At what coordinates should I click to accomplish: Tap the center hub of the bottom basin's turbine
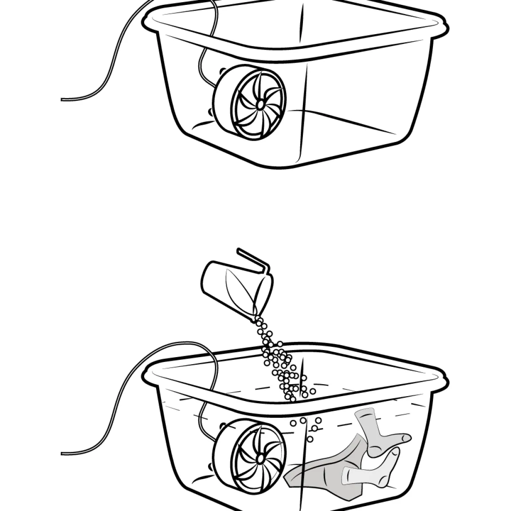point(259,455)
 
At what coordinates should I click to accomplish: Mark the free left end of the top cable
point(62,99)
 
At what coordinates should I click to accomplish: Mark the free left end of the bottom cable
point(62,452)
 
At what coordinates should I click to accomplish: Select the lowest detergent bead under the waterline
point(310,439)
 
